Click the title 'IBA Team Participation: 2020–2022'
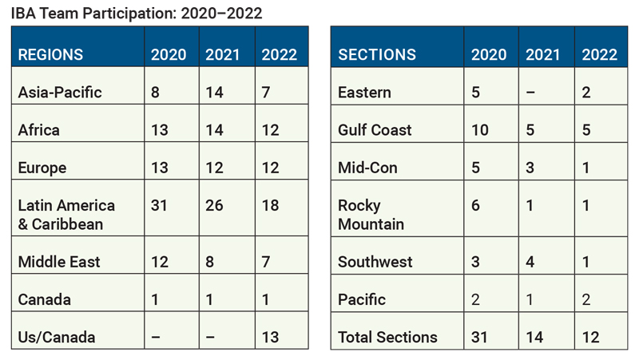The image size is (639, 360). tap(137, 14)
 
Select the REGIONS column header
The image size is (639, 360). tap(50, 54)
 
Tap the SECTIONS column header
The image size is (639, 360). tap(377, 54)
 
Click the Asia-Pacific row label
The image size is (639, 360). tap(60, 93)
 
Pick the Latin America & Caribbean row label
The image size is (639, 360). tap(66, 215)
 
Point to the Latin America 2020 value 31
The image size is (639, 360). tap(159, 205)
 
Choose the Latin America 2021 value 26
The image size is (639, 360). tap(214, 205)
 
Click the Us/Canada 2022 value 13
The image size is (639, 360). tap(270, 337)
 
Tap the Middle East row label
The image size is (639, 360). tap(59, 262)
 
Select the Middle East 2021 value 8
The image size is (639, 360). tap(210, 262)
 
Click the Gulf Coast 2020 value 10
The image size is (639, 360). tap(480, 130)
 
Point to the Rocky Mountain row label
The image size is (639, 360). tap(371, 215)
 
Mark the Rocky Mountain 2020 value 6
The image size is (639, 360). tap(475, 205)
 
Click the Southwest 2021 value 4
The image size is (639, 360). tap(530, 262)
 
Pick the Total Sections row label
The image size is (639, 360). tap(387, 337)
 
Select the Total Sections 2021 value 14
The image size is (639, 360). tap(534, 337)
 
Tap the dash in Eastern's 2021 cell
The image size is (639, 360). tap(530, 93)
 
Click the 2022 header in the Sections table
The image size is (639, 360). tap(600, 54)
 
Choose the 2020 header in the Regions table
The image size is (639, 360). tap(169, 54)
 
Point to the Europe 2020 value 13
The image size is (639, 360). tap(159, 168)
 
